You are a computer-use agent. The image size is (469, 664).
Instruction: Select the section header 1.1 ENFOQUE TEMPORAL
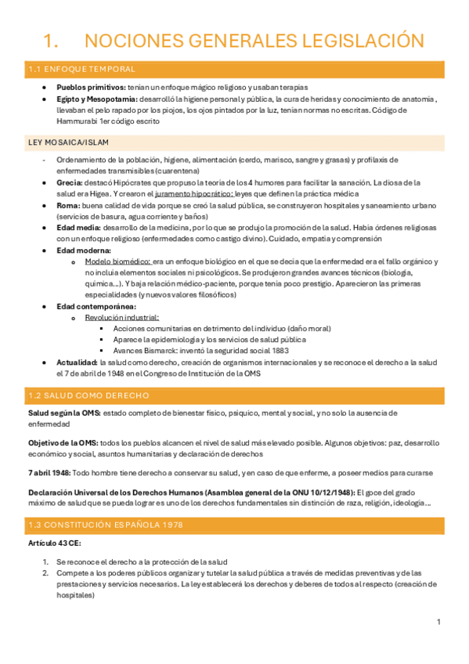tap(81, 70)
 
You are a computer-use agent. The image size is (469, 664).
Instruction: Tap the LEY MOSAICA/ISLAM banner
tap(68, 142)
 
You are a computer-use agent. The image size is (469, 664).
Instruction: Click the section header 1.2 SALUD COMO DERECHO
tap(88, 396)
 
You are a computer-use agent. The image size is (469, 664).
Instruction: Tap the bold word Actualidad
tap(78, 363)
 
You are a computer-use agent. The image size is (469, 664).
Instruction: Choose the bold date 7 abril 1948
tap(49, 472)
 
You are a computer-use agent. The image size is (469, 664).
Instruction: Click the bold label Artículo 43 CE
tap(53, 543)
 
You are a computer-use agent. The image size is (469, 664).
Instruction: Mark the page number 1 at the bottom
tap(439, 622)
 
